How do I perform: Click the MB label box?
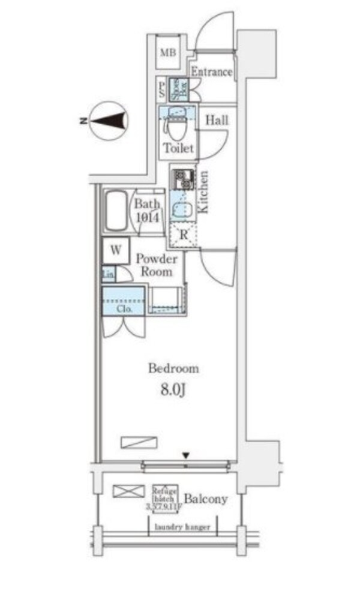pyautogui.click(x=167, y=52)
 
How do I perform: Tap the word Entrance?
pyautogui.click(x=211, y=73)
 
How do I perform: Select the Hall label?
pyautogui.click(x=217, y=120)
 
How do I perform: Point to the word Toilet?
pyautogui.click(x=179, y=148)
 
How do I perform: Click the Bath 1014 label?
pyautogui.click(x=147, y=211)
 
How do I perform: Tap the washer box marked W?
pyautogui.click(x=116, y=251)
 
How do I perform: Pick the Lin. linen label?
pyautogui.click(x=108, y=275)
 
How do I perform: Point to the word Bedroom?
pyautogui.click(x=173, y=368)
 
